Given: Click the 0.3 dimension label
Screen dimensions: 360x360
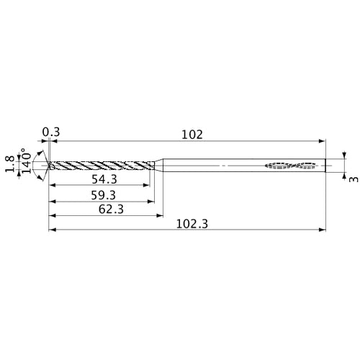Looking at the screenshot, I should [50, 132].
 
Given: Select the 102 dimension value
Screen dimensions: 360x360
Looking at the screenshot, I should [192, 134].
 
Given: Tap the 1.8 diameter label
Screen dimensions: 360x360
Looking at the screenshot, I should [9, 166].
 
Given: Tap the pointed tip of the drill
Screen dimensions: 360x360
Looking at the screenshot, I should [48, 166].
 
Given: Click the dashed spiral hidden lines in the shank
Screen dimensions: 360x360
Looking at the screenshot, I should [292, 166].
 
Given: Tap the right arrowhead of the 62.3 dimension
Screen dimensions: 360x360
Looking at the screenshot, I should [159, 217].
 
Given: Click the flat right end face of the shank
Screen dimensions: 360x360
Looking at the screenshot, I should [325, 166].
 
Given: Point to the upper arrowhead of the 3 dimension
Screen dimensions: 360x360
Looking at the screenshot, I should [344, 156].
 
